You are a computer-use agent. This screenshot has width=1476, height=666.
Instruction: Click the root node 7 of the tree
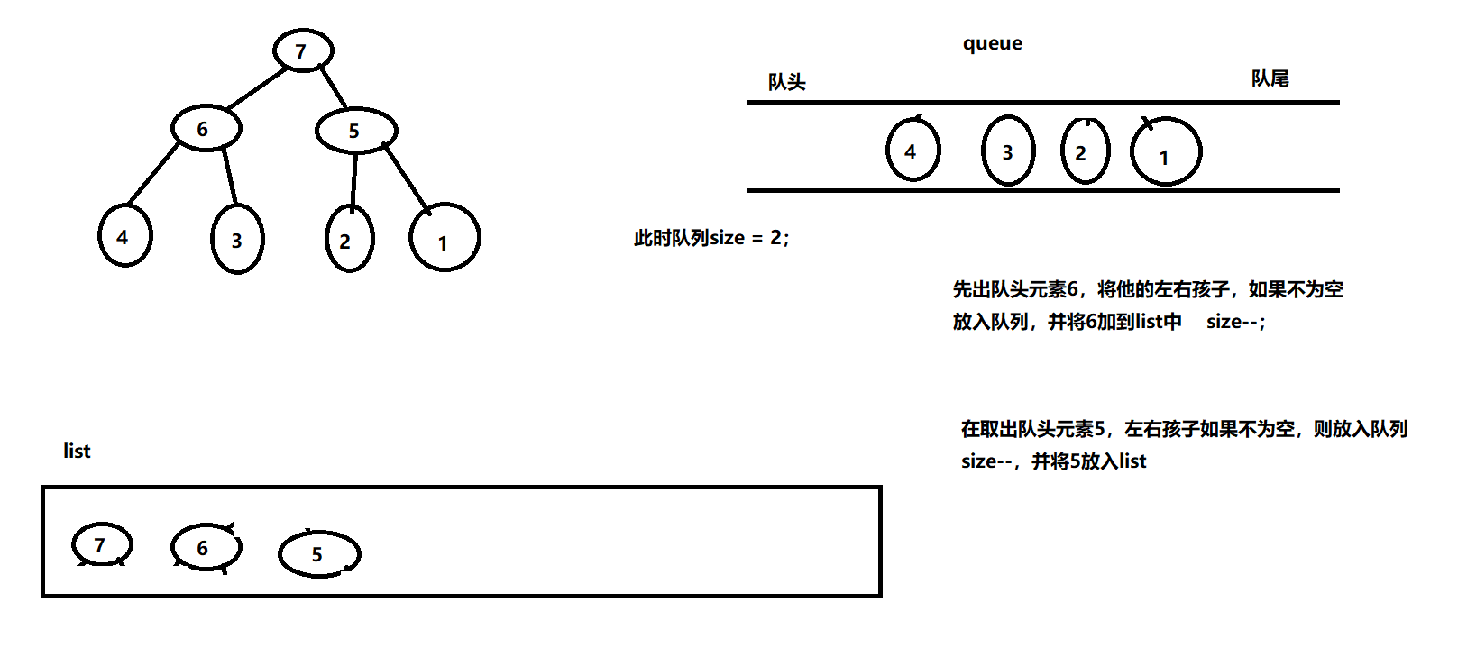pyautogui.click(x=303, y=50)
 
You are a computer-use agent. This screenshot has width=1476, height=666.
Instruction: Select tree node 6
pyautogui.click(x=206, y=129)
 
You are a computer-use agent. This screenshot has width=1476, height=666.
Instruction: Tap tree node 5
pyautogui.click(x=355, y=131)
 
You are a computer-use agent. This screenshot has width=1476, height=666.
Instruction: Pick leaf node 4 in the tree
pyautogui.click(x=124, y=236)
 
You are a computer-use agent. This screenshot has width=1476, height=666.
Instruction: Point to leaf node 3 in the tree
pyautogui.click(x=237, y=240)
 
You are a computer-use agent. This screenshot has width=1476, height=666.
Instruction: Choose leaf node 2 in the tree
pyautogui.click(x=348, y=240)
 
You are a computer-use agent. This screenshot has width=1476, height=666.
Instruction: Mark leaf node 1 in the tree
pyautogui.click(x=445, y=239)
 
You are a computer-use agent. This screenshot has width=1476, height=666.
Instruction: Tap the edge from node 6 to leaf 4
pyautogui.click(x=152, y=176)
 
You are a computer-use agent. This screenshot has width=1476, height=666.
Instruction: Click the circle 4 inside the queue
pyautogui.click(x=912, y=151)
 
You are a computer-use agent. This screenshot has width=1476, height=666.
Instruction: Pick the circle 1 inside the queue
pyautogui.click(x=1166, y=153)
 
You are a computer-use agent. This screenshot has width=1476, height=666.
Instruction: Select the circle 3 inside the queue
pyautogui.click(x=1008, y=151)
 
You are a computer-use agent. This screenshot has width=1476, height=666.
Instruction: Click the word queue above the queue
pyautogui.click(x=992, y=43)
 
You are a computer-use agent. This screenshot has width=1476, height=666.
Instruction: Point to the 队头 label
pyautogui.click(x=786, y=82)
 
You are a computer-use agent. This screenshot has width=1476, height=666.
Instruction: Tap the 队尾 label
pyautogui.click(x=1270, y=79)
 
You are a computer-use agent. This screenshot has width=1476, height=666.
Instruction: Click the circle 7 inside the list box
pyautogui.click(x=102, y=544)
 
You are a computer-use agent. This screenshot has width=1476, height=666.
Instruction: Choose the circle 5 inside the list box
pyautogui.click(x=319, y=554)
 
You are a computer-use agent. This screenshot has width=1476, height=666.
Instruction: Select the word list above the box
pyautogui.click(x=77, y=451)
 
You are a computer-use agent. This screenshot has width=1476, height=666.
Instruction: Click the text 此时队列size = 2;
pyautogui.click(x=711, y=238)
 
